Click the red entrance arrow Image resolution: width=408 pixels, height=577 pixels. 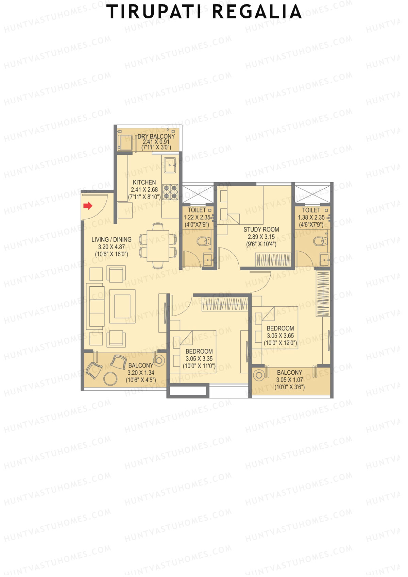tap(88, 206)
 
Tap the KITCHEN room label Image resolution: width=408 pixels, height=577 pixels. tap(144, 183)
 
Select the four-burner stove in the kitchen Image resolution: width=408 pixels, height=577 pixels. tap(170, 192)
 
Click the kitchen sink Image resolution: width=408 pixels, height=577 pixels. tap(170, 166)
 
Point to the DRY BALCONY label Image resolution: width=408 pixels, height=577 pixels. tap(156, 136)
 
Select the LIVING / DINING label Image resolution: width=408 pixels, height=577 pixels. tap(111, 240)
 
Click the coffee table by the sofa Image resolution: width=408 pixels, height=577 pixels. tap(122, 306)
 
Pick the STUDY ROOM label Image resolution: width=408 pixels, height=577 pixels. tap(261, 230)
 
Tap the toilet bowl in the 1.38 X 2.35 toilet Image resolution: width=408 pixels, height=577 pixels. tap(320, 241)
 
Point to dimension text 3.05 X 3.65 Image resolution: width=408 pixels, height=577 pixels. tap(280, 336)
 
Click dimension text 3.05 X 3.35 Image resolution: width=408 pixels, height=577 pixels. tap(199, 359)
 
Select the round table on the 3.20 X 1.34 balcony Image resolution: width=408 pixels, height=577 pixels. tap(110, 378)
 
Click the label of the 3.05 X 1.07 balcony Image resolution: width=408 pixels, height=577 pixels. tap(289, 373)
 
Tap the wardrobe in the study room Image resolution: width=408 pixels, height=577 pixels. tap(273, 260)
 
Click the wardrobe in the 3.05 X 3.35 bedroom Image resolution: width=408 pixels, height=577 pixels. tap(225, 304)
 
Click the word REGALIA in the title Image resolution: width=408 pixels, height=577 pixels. tap(257, 12)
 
